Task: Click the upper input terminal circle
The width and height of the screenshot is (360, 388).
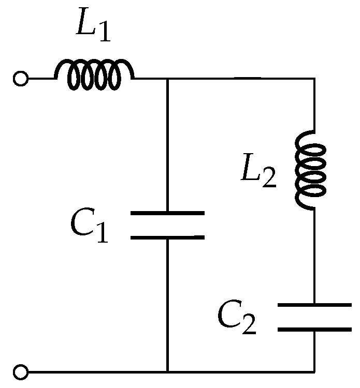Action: [20, 79]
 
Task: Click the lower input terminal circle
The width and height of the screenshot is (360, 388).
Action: [20, 371]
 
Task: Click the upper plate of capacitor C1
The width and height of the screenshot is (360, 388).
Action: [167, 213]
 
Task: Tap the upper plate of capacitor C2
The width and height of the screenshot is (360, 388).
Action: [314, 306]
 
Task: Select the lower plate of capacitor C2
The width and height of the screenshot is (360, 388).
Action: [314, 328]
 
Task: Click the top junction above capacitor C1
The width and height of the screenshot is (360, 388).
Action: [167, 79]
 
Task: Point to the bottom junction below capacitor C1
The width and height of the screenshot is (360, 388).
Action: [167, 371]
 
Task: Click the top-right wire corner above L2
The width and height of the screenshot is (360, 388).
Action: [314, 79]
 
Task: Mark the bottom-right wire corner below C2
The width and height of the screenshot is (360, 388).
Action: [314, 371]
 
